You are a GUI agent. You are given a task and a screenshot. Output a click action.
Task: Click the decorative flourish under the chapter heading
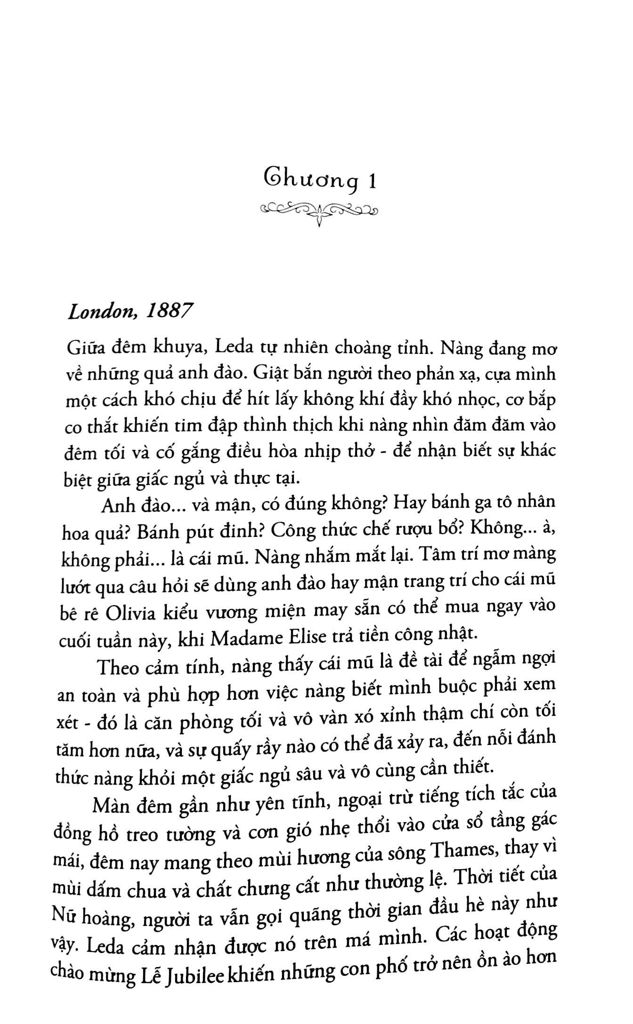(319, 210)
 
